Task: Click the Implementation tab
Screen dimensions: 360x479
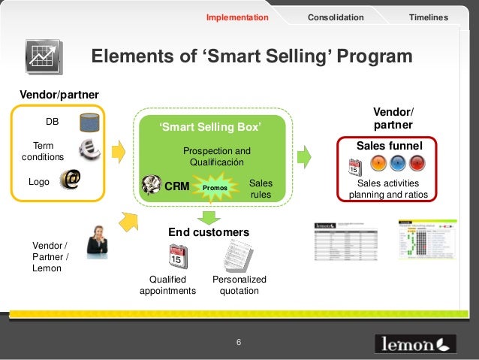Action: (x=237, y=17)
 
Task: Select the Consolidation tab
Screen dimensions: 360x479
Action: (x=336, y=17)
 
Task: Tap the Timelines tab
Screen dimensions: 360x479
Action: (x=428, y=17)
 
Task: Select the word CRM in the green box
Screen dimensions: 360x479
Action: (x=176, y=184)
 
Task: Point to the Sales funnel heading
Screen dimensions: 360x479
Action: (x=389, y=145)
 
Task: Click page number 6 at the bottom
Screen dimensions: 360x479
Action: (x=238, y=343)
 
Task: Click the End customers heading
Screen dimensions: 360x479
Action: (x=209, y=232)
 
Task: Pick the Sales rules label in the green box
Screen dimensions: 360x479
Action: (x=261, y=189)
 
